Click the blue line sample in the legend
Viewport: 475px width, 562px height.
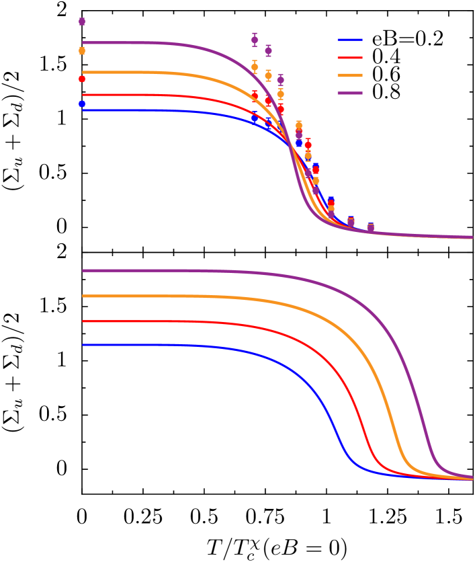click(349, 40)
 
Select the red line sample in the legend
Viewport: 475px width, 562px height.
click(349, 58)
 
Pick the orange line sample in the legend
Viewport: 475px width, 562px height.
click(349, 75)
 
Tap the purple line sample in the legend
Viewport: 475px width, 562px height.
click(349, 93)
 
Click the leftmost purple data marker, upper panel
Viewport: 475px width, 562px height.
click(82, 22)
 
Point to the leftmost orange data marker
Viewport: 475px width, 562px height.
click(82, 50)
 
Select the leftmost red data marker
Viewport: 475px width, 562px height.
click(82, 79)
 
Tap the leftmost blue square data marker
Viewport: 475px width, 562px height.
click(82, 104)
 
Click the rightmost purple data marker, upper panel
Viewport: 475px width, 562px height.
click(370, 229)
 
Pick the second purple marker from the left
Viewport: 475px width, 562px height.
click(255, 40)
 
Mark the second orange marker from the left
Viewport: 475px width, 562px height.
click(255, 67)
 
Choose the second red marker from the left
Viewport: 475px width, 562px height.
click(255, 95)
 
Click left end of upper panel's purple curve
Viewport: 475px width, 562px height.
click(83, 42)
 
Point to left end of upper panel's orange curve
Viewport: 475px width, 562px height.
click(83, 72)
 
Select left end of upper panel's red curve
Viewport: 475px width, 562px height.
click(83, 95)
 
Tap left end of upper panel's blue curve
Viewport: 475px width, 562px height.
click(83, 110)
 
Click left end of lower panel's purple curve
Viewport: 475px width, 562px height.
click(83, 270)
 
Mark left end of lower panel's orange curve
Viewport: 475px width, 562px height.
click(83, 296)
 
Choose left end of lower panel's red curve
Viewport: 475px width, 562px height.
click(83, 321)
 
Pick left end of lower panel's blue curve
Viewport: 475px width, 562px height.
click(83, 345)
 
